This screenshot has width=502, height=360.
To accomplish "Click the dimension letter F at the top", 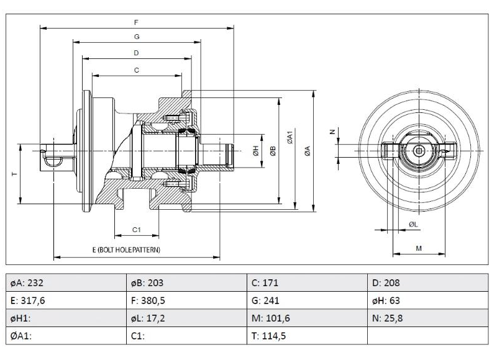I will coord(136,22).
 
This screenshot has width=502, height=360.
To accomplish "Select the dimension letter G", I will coord(136,37).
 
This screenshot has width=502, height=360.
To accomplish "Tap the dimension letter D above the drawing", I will coord(136,53).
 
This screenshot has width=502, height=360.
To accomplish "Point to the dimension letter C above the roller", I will coord(136,70).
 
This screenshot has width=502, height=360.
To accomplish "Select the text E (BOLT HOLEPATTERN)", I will coord(126,250).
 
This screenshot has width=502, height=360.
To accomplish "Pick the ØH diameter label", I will coord(255,151).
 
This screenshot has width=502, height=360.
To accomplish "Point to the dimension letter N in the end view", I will coord(332,132).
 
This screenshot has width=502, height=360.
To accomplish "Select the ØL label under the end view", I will coord(413,223).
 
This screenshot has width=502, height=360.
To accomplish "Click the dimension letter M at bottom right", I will coord(418,248).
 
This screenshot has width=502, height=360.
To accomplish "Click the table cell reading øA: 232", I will coord(66,282).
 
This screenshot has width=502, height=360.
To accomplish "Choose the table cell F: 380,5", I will coord(186,300).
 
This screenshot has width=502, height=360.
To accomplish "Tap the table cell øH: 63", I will coord(428,300).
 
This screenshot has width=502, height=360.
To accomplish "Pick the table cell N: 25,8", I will coord(428,318).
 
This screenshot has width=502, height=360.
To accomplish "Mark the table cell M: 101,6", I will coord(307,318).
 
